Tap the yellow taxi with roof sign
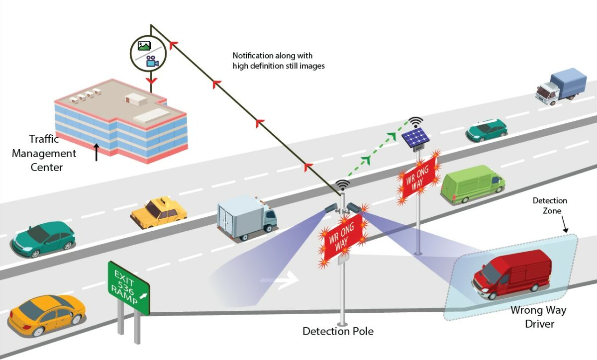coord(159,212)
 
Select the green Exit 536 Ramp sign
coord(128,288)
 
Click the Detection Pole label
coord(338,331)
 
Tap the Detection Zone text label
coord(550,206)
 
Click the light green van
coord(472,183)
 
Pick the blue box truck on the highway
coord(561,86)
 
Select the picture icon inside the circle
coord(144,46)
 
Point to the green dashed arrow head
coord(367,159)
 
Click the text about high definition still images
coord(279,61)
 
